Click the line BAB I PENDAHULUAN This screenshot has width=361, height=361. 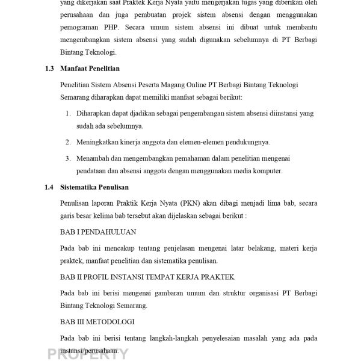pyautogui.click(x=98, y=232)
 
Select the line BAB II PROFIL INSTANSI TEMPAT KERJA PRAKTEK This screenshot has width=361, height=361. pyautogui.click(x=147, y=277)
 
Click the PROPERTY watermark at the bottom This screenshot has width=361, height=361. pyautogui.click(x=88, y=354)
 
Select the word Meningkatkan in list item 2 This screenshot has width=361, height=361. pyautogui.click(x=97, y=143)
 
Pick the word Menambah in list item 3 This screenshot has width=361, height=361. pyautogui.click(x=93, y=158)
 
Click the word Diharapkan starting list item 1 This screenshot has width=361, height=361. pyautogui.click(x=94, y=113)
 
